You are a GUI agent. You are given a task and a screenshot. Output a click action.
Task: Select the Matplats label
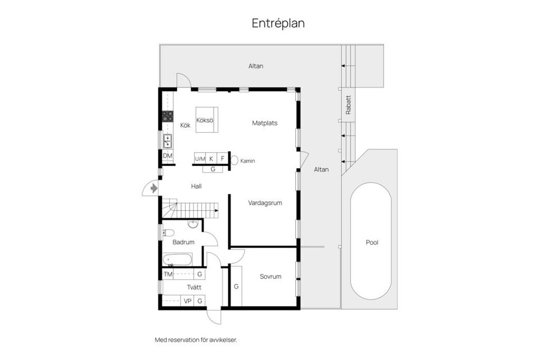click(264, 123)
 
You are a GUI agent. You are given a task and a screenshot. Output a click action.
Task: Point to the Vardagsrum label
click(265, 202)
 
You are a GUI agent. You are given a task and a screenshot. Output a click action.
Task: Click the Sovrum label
click(270, 276)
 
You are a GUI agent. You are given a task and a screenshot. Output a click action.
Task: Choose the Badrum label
click(183, 242)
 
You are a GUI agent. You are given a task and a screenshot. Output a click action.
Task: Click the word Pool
click(372, 243)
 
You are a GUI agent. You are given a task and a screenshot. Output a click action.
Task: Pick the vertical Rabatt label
click(348, 104)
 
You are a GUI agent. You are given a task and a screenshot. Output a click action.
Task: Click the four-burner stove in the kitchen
click(168, 116)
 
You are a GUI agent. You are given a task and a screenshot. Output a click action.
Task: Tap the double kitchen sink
click(168, 141)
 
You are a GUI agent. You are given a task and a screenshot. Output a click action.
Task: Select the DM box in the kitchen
click(168, 156)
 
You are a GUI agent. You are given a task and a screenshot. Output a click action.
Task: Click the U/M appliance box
click(200, 159)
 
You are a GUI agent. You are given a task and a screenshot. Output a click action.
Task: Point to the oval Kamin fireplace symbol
click(235, 160)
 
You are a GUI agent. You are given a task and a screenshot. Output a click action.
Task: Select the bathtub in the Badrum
click(177, 260)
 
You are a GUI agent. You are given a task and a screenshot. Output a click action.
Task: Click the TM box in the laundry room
click(168, 274)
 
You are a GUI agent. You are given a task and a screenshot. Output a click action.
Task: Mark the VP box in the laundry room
click(188, 301)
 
